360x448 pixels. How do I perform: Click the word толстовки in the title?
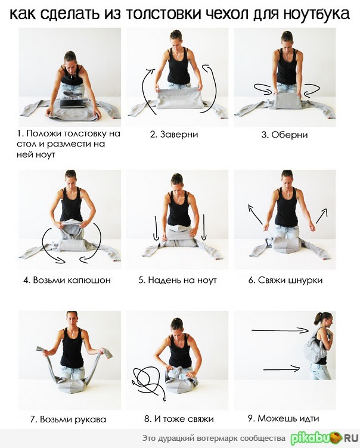pos(163,14)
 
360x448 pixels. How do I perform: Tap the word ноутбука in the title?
pos(316,14)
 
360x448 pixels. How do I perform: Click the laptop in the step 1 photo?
pos(72,103)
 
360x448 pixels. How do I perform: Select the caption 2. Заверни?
pos(174,134)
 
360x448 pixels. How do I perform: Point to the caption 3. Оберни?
pos(284,134)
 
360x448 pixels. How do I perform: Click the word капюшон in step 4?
pos(89,280)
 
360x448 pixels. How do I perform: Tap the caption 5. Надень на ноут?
pos(177,280)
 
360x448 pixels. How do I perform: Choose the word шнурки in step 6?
pos(305,280)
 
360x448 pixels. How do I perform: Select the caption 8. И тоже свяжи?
pos(179,419)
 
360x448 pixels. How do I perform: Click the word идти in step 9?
pos(309,419)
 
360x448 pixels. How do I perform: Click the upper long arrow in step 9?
pos(280,330)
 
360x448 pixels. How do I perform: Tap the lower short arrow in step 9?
pos(282,369)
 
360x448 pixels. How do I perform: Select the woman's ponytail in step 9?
pos(317,319)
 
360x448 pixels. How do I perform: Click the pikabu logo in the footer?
pos(324,438)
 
